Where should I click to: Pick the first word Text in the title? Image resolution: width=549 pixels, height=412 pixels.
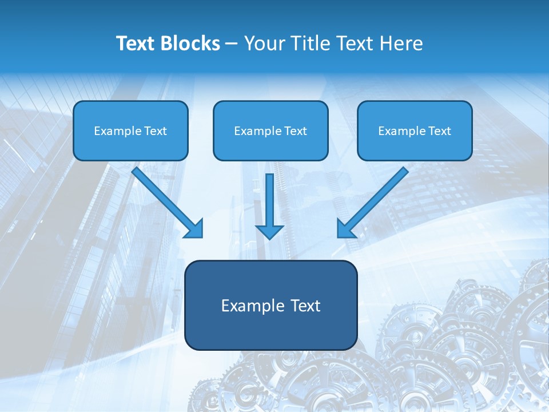(137, 43)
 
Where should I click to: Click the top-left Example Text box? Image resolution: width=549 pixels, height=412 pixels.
(130, 130)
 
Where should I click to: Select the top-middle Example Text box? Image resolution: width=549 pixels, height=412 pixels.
(270, 130)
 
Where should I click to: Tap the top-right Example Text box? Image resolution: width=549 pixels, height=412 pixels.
(415, 130)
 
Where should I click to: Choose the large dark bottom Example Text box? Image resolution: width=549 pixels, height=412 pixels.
(270, 306)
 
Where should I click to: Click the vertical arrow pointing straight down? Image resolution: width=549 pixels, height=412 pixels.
(269, 200)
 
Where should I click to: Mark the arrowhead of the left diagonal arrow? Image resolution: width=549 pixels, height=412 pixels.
(194, 229)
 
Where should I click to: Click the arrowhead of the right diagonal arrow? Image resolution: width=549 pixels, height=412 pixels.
(345, 229)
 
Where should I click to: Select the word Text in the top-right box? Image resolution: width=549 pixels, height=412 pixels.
(439, 131)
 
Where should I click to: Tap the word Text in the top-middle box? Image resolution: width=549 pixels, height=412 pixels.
(295, 131)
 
